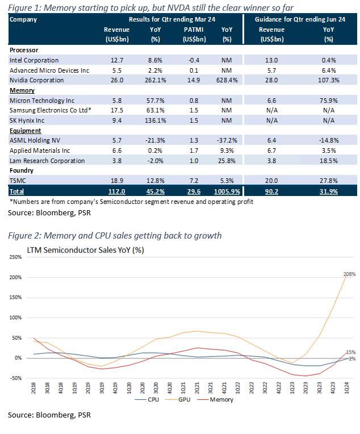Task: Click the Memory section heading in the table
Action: coord(22,90)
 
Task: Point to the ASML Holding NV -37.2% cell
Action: coord(226,140)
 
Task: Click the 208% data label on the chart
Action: coord(349,274)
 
